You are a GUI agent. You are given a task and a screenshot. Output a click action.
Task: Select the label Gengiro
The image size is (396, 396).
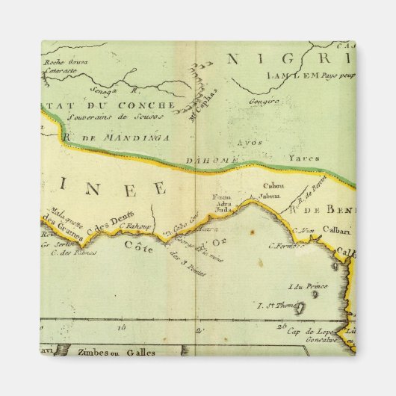(265, 99)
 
